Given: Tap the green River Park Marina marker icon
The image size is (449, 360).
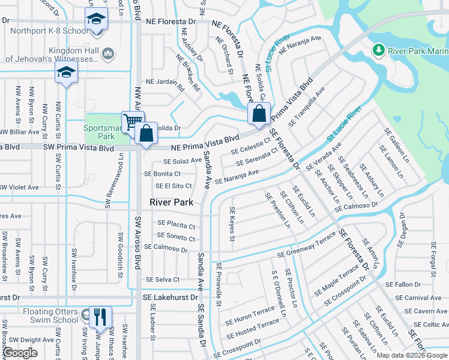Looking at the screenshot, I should click(x=379, y=49).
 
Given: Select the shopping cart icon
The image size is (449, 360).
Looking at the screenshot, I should click(x=132, y=122).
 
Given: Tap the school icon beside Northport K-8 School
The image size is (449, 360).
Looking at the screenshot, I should click(x=95, y=19).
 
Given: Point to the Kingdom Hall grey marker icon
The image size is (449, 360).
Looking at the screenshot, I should click(x=109, y=54).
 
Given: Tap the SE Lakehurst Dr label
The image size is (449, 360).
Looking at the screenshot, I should click(x=170, y=297).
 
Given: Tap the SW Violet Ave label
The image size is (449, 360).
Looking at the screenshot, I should click(x=19, y=187).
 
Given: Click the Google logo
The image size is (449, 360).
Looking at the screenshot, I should click(x=20, y=353).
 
